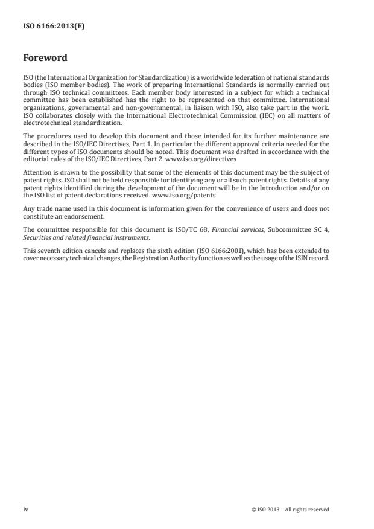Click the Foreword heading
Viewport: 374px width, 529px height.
tap(45, 59)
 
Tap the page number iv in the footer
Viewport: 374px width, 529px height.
tap(25, 509)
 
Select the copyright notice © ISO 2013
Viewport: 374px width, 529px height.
tap(290, 509)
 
